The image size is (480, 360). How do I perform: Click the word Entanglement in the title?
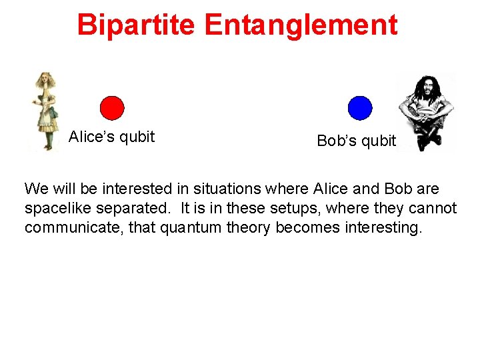pos(301,25)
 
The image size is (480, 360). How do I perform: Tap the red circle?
pos(112,108)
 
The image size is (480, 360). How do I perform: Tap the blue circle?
pos(360,108)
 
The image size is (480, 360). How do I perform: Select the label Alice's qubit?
pos(111,137)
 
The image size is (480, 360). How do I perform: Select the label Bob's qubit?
pos(356,141)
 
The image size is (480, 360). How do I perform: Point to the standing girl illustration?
pos(46,111)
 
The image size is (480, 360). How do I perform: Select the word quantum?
pos(195,228)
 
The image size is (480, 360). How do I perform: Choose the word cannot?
pos(432,209)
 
